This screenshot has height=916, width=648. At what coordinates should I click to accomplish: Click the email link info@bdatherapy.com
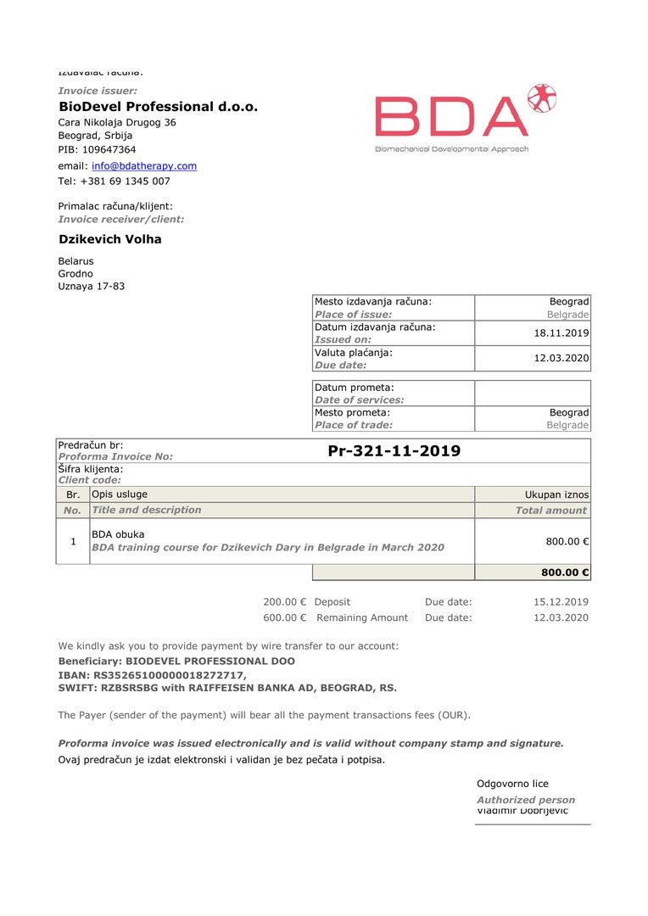pyautogui.click(x=144, y=166)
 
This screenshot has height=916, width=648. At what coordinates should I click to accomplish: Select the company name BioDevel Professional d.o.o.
pyautogui.click(x=158, y=107)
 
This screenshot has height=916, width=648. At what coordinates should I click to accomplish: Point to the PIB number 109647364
pyautogui.click(x=109, y=150)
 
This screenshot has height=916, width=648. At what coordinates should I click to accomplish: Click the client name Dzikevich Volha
pyautogui.click(x=109, y=239)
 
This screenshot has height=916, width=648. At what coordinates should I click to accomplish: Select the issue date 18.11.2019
pyautogui.click(x=561, y=333)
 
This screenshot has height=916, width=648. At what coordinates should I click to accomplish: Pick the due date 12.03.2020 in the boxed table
pyautogui.click(x=561, y=359)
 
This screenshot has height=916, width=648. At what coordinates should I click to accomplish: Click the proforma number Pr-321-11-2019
pyautogui.click(x=394, y=451)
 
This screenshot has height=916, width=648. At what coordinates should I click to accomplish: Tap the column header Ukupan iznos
pyautogui.click(x=556, y=494)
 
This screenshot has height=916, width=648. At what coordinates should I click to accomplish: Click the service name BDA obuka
pyautogui.click(x=118, y=534)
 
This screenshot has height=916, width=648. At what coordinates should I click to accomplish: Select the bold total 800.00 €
pyautogui.click(x=565, y=572)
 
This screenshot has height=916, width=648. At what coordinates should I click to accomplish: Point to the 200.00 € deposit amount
pyautogui.click(x=284, y=602)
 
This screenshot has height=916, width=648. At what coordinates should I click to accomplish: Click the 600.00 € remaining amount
pyautogui.click(x=284, y=618)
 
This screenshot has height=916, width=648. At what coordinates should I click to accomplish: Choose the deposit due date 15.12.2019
pyautogui.click(x=561, y=602)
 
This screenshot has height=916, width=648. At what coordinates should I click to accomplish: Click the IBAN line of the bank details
pyautogui.click(x=152, y=675)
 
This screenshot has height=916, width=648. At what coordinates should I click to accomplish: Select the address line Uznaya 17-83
pyautogui.click(x=92, y=287)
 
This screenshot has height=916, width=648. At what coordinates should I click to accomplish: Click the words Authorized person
pyautogui.click(x=526, y=800)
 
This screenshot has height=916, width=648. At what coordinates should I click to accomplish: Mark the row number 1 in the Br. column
pyautogui.click(x=73, y=541)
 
